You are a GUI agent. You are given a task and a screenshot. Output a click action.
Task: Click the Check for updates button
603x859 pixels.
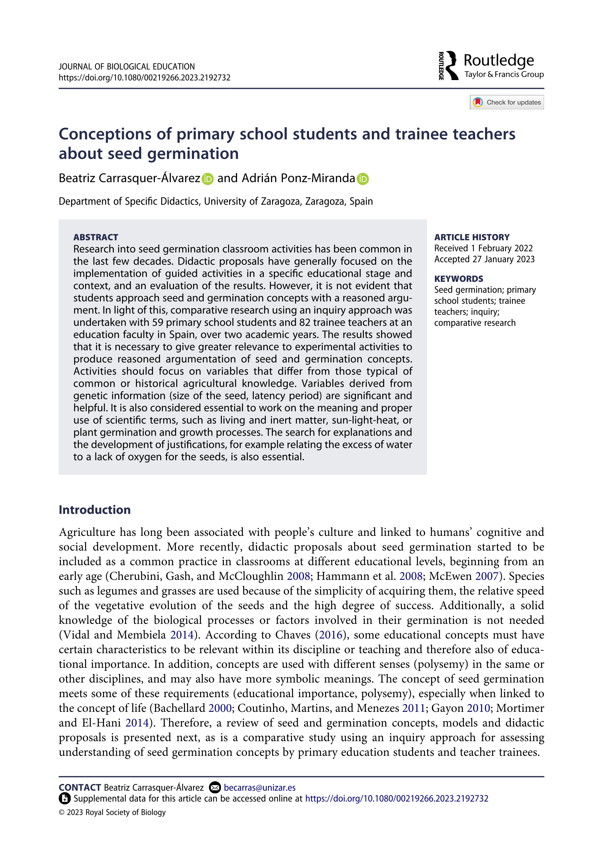[x=506, y=102]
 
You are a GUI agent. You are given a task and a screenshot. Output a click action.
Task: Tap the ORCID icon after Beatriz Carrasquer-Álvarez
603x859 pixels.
[x=207, y=179]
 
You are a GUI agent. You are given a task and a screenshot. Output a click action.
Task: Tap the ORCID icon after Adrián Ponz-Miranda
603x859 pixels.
[x=362, y=179]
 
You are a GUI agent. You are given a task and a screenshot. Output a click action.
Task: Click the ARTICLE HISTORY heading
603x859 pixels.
[x=472, y=237]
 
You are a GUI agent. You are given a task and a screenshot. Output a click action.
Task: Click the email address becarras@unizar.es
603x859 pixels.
[x=259, y=787]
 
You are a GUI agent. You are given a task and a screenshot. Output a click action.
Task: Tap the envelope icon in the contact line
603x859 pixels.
[x=215, y=787]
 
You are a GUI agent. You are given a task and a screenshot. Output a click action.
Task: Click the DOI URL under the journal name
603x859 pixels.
[x=144, y=78]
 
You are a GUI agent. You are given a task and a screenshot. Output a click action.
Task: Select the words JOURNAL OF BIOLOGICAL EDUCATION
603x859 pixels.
[x=126, y=67]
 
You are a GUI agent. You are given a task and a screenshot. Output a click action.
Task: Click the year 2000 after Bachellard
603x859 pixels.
[x=220, y=708]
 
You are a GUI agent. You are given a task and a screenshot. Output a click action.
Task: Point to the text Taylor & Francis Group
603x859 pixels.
[x=504, y=74]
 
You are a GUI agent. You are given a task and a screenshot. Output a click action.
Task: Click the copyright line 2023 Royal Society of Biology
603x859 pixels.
[x=112, y=812]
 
